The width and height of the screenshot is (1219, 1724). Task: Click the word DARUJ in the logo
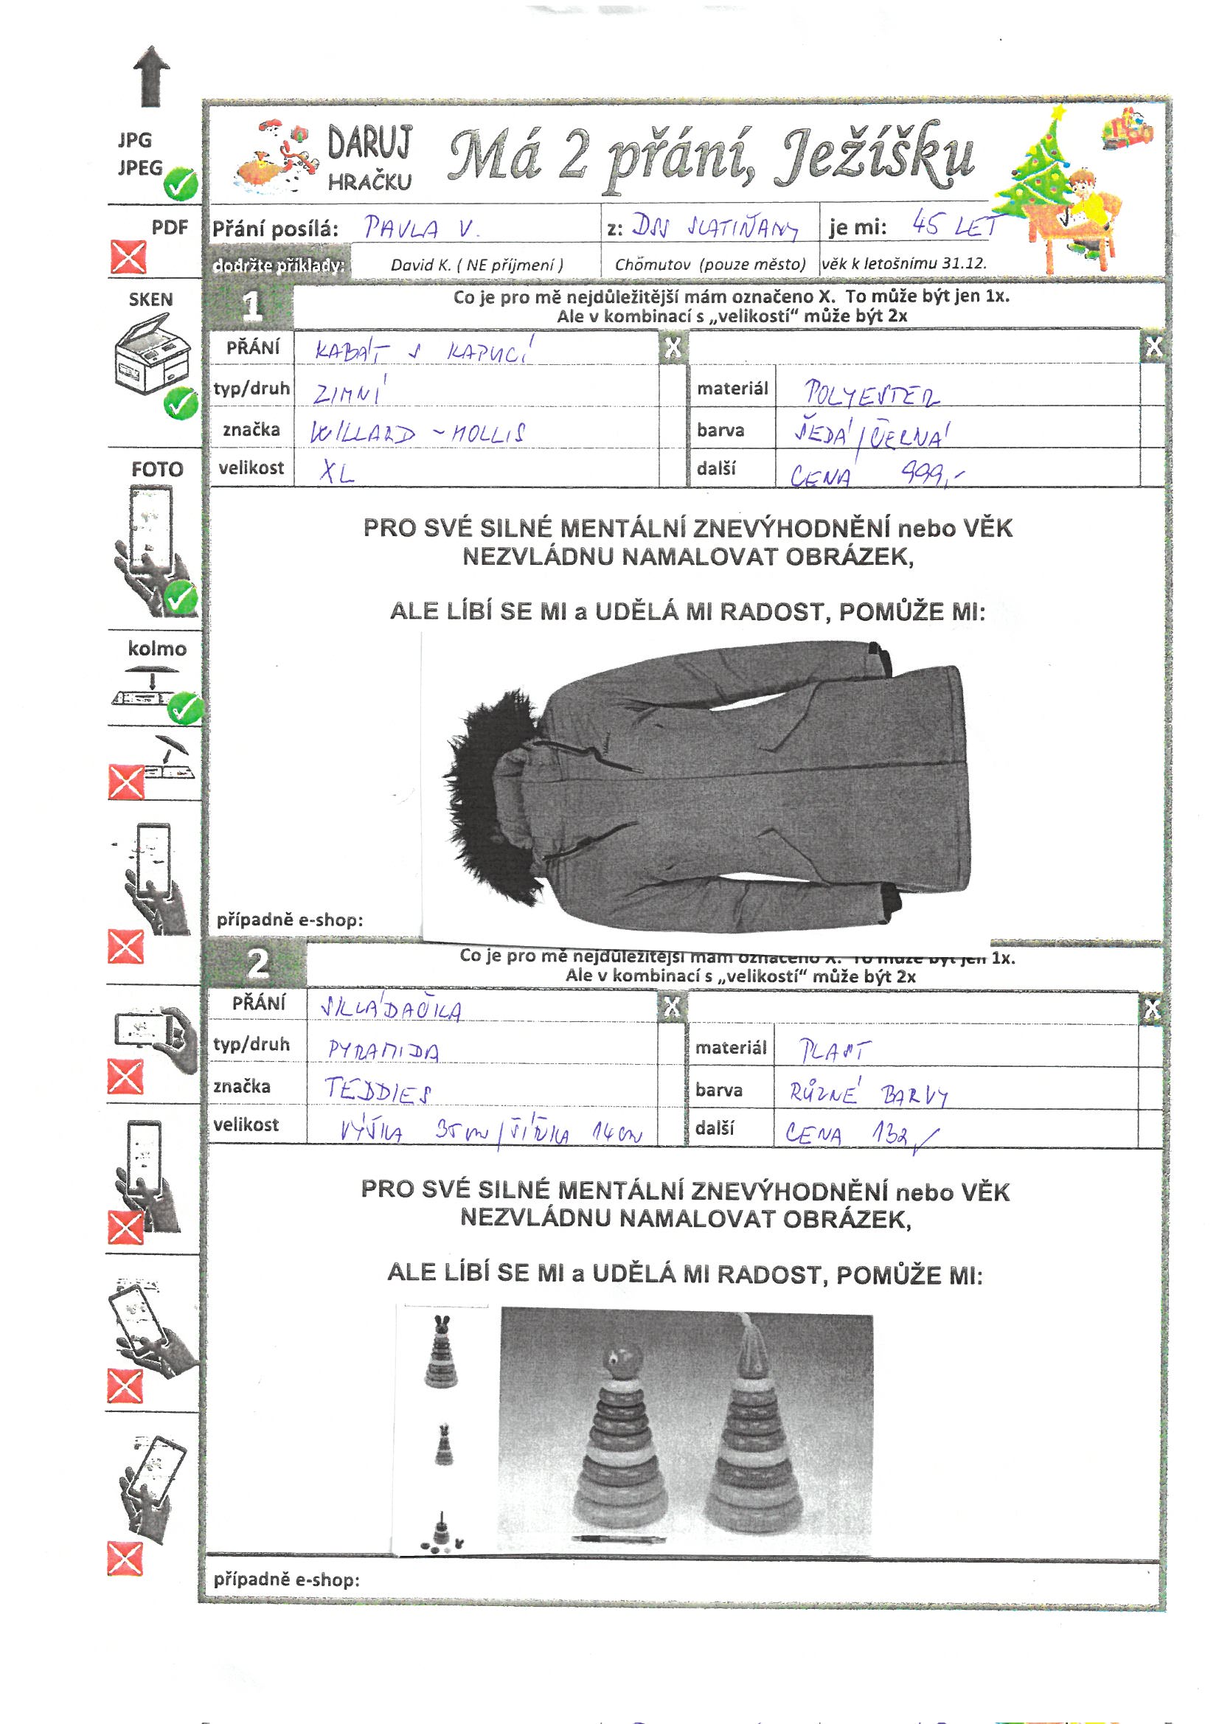pos(369,145)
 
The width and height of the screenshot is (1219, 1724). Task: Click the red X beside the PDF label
pos(128,257)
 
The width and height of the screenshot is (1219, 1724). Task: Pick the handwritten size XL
pos(336,471)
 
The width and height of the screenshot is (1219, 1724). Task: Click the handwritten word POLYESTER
pos(871,394)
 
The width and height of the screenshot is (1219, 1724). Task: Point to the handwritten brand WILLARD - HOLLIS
pos(417,434)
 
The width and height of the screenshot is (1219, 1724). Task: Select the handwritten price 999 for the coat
pos(931,473)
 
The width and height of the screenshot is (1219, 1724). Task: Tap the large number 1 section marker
pos(253,305)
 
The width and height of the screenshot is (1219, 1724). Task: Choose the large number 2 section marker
pos(257,964)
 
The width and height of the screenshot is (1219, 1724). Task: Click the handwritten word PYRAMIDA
pos(383,1050)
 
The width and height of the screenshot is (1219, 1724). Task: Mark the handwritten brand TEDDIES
pos(378,1091)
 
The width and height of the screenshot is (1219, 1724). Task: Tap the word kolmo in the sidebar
pos(157,648)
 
